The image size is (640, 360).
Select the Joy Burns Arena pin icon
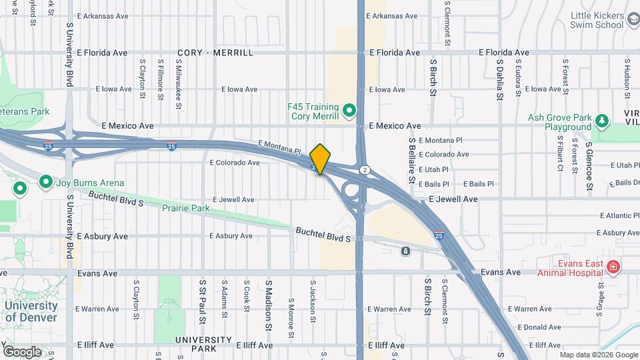click(x=46, y=181)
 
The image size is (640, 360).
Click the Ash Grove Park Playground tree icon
click(x=602, y=120)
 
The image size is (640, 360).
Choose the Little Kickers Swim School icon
click(x=631, y=24)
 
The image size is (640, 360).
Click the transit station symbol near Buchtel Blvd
click(x=405, y=251)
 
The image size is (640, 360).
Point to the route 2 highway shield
click(x=365, y=169)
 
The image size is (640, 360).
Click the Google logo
click(x=22, y=351)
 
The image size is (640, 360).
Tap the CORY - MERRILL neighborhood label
click(x=215, y=53)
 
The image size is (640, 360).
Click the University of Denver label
click(x=31, y=311)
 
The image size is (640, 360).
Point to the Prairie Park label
click(x=185, y=208)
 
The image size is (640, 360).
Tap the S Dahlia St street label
click(x=499, y=79)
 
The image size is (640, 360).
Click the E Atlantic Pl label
click(x=619, y=215)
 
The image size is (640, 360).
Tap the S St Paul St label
click(x=201, y=297)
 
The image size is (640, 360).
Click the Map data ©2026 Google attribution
click(x=598, y=355)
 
